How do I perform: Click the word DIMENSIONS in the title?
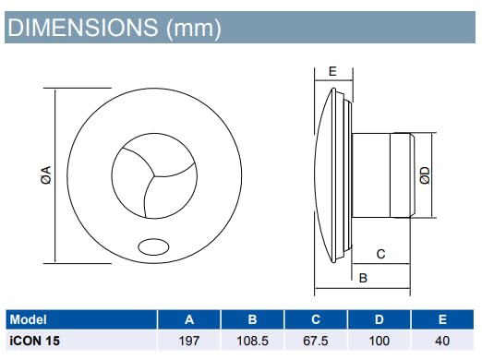point(83,28)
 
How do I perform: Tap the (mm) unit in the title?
point(194,29)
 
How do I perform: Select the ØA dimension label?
point(46,175)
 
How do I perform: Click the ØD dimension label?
point(425,175)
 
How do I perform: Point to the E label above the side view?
point(332,71)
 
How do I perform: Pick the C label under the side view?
point(380,254)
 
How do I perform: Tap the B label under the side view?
point(363,278)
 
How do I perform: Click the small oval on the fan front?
point(153,246)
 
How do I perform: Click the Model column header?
point(29,319)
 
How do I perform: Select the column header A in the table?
point(189,319)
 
